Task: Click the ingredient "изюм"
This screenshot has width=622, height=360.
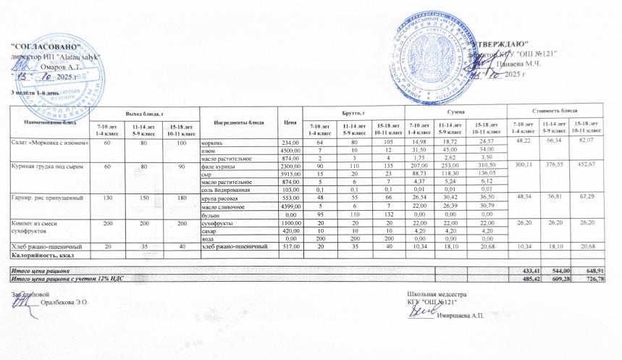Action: (207, 150)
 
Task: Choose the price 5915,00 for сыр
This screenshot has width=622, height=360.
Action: (290, 174)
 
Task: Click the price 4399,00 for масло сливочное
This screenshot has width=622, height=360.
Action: (290, 206)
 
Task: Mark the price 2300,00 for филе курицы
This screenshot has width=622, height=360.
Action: (290, 166)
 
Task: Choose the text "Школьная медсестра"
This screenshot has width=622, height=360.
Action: (436, 294)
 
